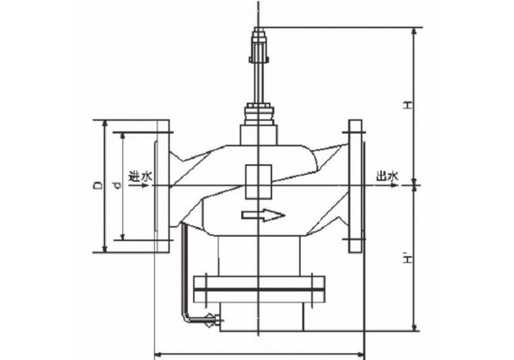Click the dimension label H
[407, 105]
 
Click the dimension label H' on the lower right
[407, 259]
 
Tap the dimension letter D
[97, 186]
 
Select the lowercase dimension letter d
[117, 186]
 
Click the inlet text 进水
[140, 177]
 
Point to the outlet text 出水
[387, 177]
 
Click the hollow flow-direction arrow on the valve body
[263, 215]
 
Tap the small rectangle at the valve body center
[259, 182]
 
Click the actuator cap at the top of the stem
[259, 45]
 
